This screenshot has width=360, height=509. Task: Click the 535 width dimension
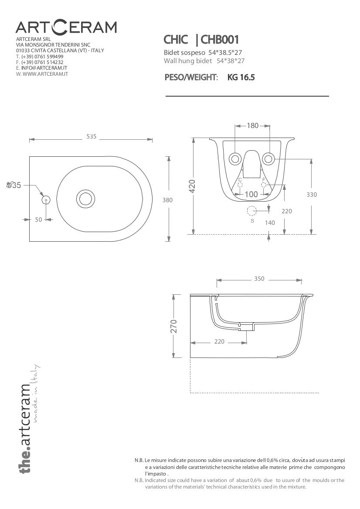91,137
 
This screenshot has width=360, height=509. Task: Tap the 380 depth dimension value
168,200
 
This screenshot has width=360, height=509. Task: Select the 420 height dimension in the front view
192,186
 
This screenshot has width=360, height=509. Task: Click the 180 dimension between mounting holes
252,126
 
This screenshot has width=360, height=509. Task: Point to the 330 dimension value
312,195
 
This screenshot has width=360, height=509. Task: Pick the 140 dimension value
270,222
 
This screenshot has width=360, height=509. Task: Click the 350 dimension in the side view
259,279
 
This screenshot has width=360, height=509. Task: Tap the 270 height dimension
174,326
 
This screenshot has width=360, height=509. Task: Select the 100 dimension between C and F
251,194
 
